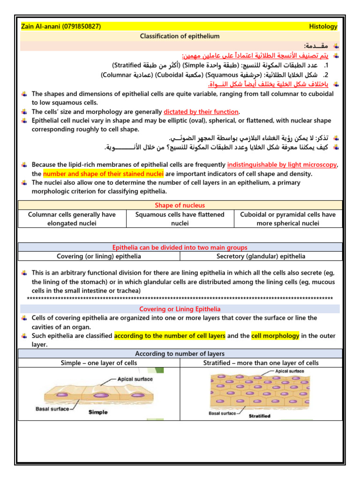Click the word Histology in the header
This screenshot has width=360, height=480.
323,27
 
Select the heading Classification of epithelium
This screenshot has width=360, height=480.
180,36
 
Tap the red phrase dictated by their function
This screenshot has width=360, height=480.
201,112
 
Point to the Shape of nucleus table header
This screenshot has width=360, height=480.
180,205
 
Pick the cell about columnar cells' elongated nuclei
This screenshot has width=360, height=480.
72,219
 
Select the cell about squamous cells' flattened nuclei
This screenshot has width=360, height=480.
180,219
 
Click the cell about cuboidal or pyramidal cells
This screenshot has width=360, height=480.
287,219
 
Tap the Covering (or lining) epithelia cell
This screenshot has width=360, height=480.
99,256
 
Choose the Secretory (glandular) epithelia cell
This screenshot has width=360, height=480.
261,256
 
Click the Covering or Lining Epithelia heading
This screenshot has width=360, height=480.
180,309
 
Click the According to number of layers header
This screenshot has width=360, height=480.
180,354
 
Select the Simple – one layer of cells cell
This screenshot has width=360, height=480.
99,363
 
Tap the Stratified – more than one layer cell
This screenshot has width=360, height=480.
261,363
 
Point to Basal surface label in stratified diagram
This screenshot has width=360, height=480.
222,413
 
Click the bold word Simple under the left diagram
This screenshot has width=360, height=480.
98,412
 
